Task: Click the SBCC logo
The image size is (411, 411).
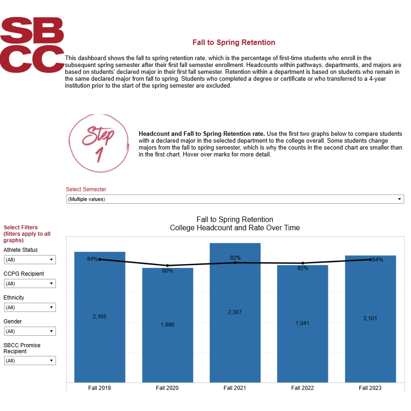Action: (x=32, y=45)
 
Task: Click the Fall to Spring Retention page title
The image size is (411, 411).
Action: (x=234, y=43)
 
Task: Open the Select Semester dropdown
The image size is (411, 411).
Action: (x=234, y=199)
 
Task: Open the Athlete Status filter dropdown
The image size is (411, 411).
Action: (x=30, y=260)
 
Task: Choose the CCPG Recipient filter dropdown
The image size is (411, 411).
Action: (x=30, y=283)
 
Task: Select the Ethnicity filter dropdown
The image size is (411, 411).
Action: (x=30, y=307)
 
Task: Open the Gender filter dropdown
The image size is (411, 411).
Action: (x=30, y=331)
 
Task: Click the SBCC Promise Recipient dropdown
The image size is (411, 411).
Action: (x=30, y=361)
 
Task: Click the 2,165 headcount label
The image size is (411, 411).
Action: (x=100, y=317)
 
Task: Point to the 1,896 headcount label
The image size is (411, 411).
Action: (x=167, y=325)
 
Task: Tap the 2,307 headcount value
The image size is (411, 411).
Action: (x=235, y=312)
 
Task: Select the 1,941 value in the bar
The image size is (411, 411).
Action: (x=302, y=323)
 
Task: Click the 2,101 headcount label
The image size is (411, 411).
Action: (x=370, y=318)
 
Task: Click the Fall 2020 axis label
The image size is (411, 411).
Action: (x=167, y=388)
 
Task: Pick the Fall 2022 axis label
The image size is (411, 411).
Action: (x=302, y=388)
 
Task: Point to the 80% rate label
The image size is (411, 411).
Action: (x=167, y=271)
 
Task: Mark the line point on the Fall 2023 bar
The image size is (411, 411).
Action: (x=370, y=260)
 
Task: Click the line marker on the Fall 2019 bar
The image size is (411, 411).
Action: (x=100, y=259)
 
